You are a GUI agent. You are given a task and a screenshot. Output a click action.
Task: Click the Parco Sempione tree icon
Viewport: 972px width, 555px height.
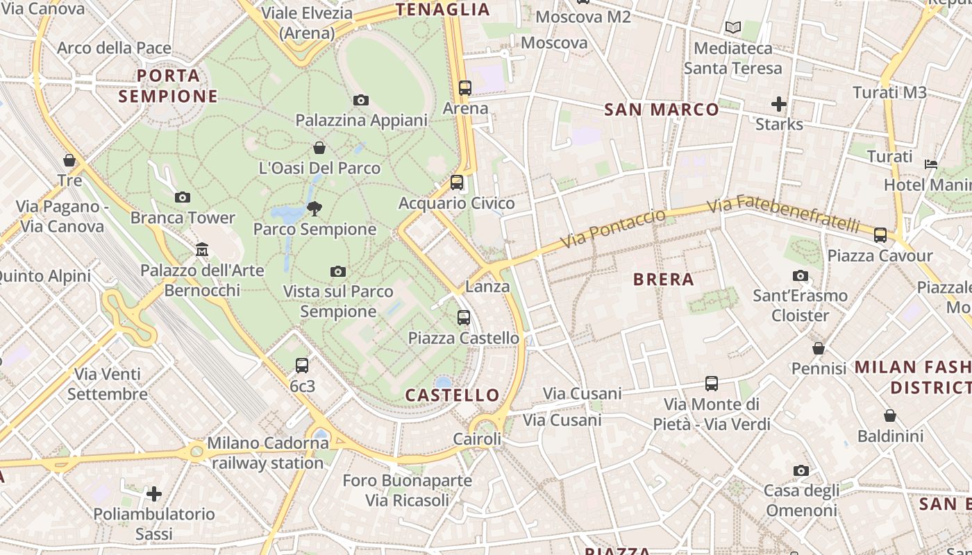tap(315, 207)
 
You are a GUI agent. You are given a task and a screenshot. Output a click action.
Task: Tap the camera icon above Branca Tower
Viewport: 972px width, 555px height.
tap(183, 197)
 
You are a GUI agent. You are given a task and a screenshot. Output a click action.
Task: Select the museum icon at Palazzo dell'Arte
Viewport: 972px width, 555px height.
tap(202, 248)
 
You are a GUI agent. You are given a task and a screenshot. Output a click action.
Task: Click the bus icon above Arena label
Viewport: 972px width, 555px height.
tap(465, 88)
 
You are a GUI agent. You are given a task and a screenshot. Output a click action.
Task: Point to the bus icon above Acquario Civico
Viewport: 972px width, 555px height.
tap(456, 182)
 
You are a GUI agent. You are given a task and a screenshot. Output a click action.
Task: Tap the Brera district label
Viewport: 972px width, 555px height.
tap(664, 280)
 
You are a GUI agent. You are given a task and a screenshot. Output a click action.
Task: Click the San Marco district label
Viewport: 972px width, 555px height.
tap(662, 110)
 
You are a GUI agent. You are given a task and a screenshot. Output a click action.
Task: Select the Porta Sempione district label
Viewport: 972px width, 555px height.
tap(168, 85)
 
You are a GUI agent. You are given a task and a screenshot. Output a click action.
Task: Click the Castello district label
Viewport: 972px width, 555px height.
tap(452, 395)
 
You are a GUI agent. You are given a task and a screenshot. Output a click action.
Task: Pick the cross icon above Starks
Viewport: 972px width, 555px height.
tap(779, 104)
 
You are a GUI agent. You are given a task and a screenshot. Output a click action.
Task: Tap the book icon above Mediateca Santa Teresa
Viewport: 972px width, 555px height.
tap(733, 28)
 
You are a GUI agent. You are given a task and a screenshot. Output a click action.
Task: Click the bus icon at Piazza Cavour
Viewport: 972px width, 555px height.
tap(880, 234)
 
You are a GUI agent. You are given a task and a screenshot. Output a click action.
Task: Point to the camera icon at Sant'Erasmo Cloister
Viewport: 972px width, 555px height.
tap(801, 275)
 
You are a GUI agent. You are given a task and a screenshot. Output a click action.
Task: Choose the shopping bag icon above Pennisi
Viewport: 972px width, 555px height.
tap(819, 348)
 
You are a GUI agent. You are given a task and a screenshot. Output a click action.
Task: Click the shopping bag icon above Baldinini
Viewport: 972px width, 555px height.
tap(890, 416)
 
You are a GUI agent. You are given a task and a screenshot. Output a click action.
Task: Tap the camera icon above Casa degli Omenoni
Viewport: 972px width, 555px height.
tap(801, 470)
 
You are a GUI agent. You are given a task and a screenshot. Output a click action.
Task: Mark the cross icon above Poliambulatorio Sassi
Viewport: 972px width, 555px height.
tap(154, 493)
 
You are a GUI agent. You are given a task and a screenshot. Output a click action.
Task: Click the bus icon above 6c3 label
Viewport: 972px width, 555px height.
tap(302, 365)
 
